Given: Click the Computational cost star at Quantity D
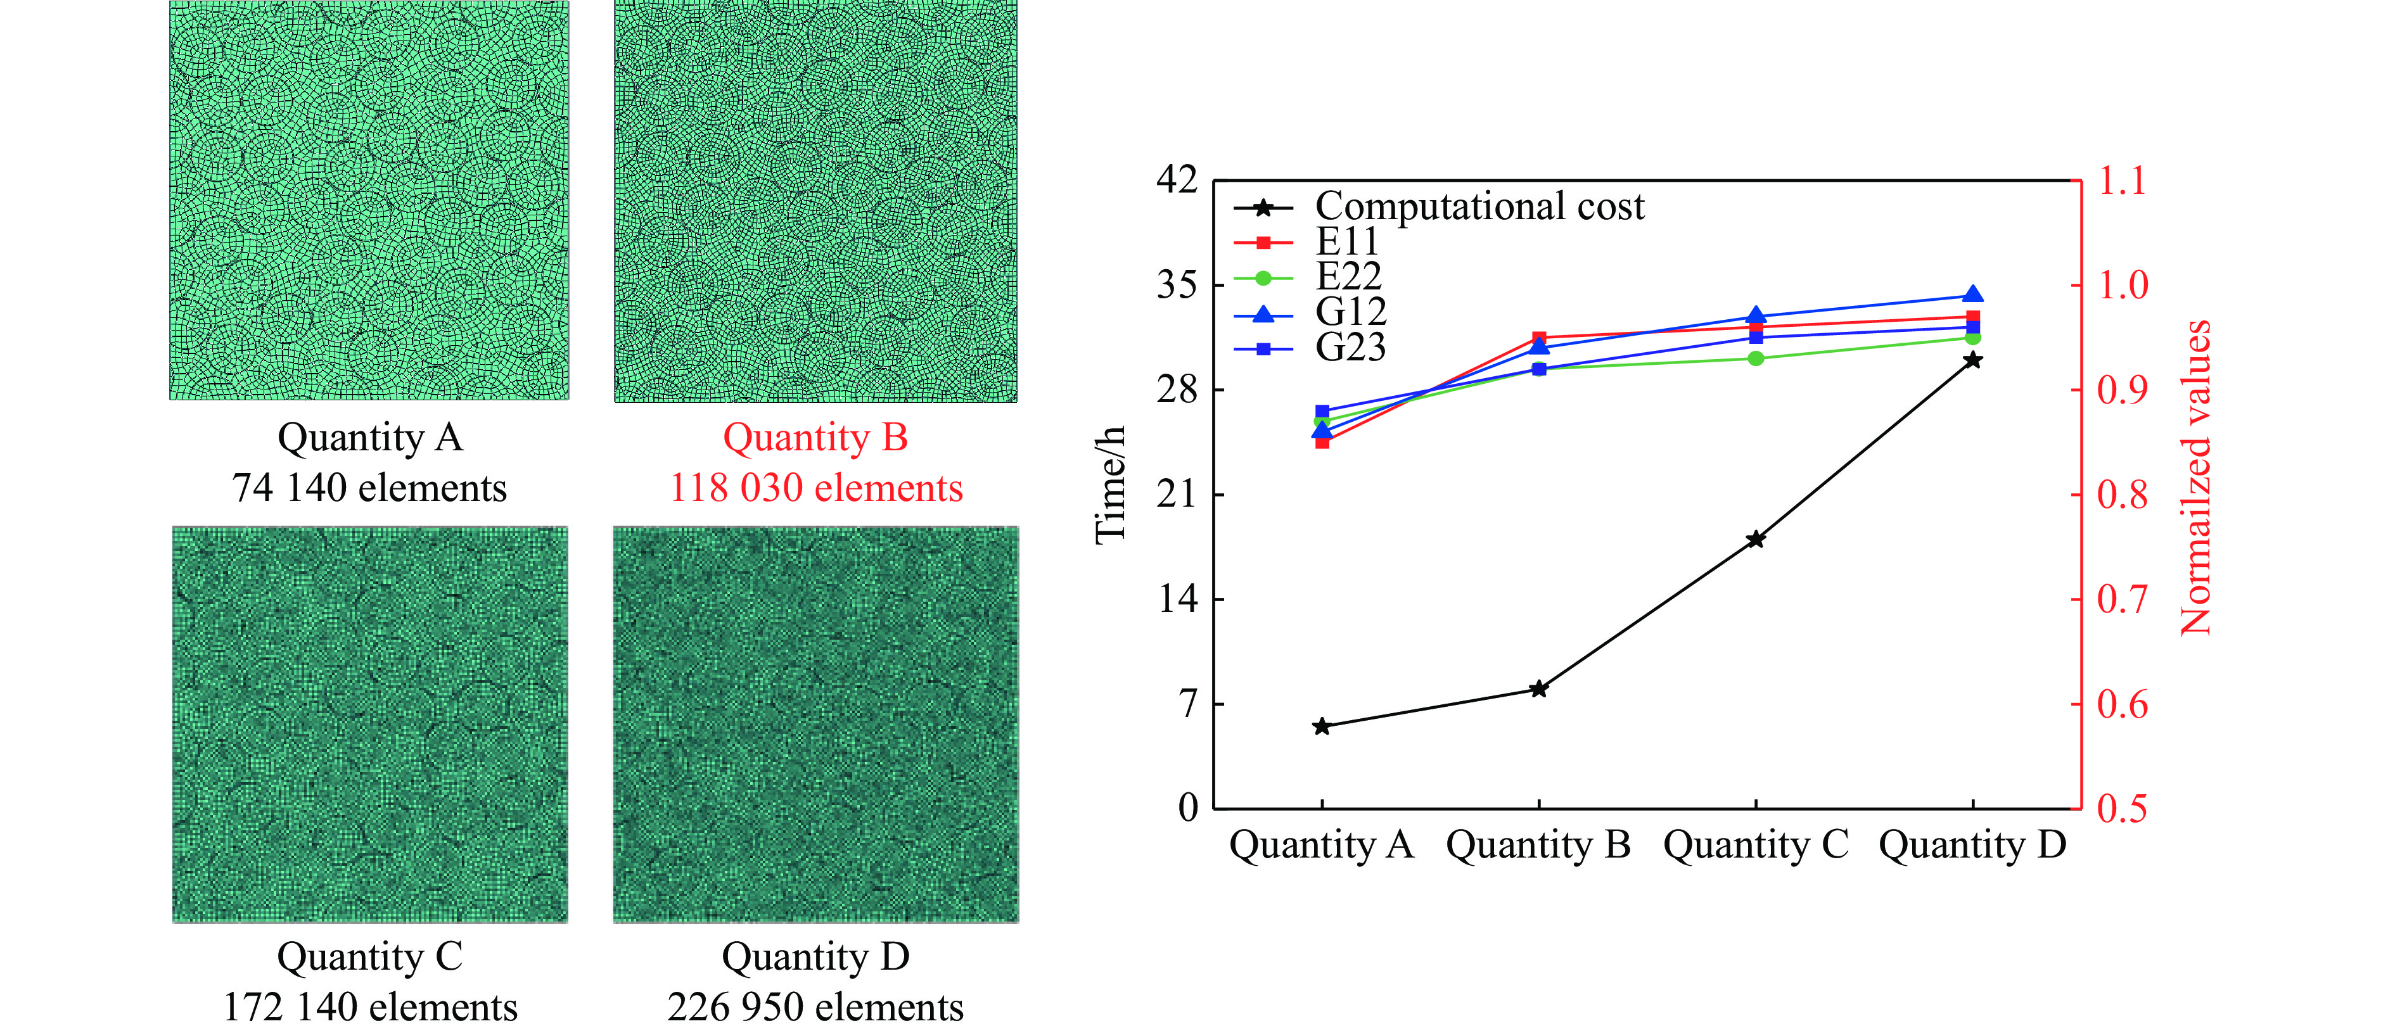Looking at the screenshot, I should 1972,360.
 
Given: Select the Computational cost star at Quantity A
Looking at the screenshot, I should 1321,726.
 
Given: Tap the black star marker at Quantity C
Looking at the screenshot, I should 1755,539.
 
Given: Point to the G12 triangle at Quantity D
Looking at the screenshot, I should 1972,296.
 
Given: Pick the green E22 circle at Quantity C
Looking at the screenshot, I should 1755,359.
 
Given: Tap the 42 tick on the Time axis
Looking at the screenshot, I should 1177,179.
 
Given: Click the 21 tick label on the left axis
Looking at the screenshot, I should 1177,494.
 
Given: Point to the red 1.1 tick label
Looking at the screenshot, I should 2123,181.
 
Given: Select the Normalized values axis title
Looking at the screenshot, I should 2196,478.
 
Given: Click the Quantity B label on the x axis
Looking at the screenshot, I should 1538,845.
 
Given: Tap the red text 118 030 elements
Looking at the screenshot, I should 815,488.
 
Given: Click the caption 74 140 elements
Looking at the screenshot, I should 369,488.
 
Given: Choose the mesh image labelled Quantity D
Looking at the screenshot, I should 815,725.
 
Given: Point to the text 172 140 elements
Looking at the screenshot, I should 369,1007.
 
